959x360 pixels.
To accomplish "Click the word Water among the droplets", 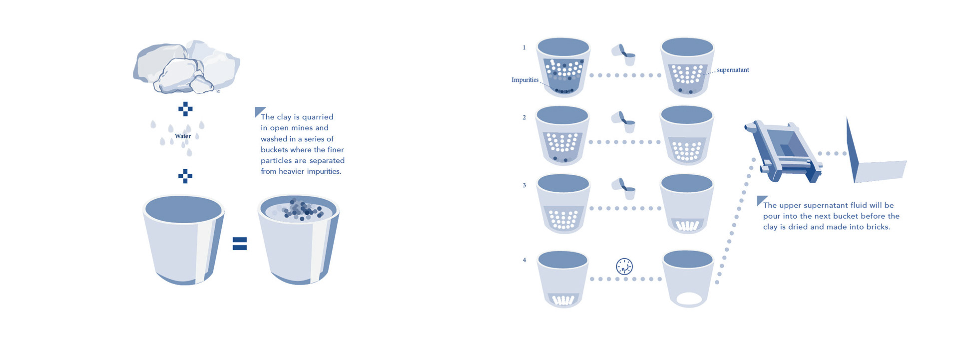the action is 183,136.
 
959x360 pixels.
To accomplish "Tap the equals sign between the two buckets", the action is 240,244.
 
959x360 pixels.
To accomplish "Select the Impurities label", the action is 525,80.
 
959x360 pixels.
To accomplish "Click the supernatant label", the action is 733,70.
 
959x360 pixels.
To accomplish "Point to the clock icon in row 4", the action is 624,267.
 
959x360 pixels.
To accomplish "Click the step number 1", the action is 524,48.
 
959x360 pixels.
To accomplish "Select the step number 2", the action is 524,118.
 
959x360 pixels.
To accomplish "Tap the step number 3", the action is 524,185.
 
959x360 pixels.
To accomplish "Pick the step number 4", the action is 524,260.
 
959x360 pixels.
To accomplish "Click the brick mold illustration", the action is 783,151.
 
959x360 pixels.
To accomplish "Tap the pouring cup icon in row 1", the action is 624,55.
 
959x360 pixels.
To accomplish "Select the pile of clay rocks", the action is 186,67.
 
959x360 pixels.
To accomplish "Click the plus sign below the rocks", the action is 185,109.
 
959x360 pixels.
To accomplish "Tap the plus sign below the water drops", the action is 185,176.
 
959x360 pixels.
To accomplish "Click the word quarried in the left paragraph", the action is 318,117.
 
